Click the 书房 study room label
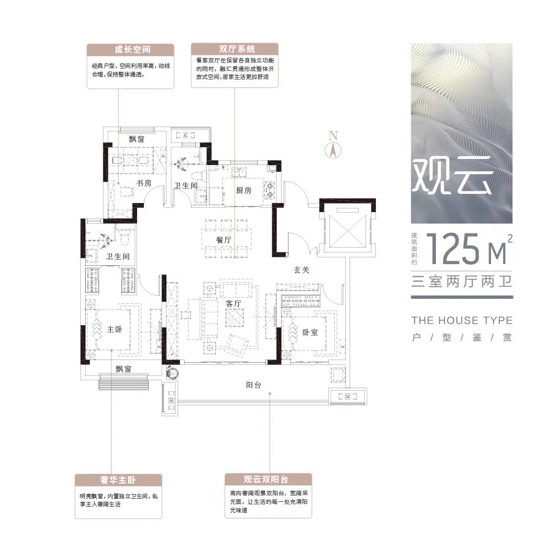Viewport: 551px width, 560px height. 144,183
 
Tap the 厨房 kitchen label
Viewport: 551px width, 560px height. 244,190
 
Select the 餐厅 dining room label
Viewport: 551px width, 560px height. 224,240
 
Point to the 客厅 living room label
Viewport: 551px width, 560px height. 233,304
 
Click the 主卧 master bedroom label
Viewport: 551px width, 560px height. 114,329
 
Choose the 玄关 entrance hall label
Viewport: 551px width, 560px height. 301,270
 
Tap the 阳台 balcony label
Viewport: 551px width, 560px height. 253,385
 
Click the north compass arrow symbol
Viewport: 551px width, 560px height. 333,150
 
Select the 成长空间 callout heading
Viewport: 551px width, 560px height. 132,50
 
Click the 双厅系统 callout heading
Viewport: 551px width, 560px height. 237,48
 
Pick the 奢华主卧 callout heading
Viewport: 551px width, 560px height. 118,480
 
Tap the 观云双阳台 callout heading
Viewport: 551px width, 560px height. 266,479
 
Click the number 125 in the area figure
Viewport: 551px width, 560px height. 452,249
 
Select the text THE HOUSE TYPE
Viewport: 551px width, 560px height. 462,320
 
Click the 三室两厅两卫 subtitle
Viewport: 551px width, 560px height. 462,281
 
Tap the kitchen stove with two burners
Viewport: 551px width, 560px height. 269,190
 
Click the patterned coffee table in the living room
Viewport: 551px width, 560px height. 234,317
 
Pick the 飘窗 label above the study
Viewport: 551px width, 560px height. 137,139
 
